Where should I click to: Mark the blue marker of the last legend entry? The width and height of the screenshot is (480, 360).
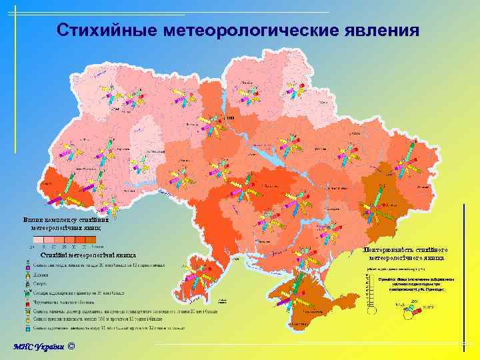click(x=26, y=327)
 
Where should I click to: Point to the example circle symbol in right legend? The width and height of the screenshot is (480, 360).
click(x=413, y=307)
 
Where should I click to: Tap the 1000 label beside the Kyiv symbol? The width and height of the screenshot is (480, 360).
click(x=231, y=118)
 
